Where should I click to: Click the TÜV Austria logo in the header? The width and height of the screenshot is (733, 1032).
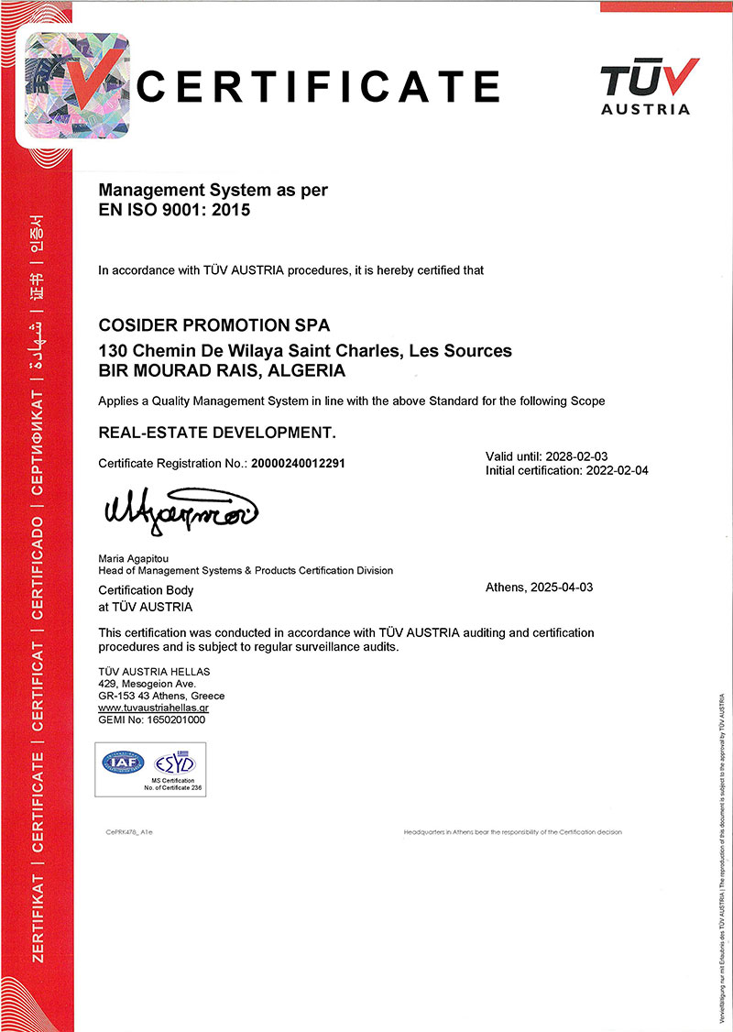point(646,86)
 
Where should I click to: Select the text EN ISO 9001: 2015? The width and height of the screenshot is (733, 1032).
point(173,209)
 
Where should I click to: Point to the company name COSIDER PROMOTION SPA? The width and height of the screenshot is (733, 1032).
point(213,324)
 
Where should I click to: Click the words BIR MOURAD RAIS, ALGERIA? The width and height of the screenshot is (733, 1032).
point(222,371)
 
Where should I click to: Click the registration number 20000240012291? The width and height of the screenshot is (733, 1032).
point(299,464)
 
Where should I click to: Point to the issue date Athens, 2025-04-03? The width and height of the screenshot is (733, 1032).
point(539,587)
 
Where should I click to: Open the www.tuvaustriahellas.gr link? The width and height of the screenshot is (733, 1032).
point(154,708)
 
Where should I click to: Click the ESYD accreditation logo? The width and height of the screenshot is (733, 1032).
point(174,762)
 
